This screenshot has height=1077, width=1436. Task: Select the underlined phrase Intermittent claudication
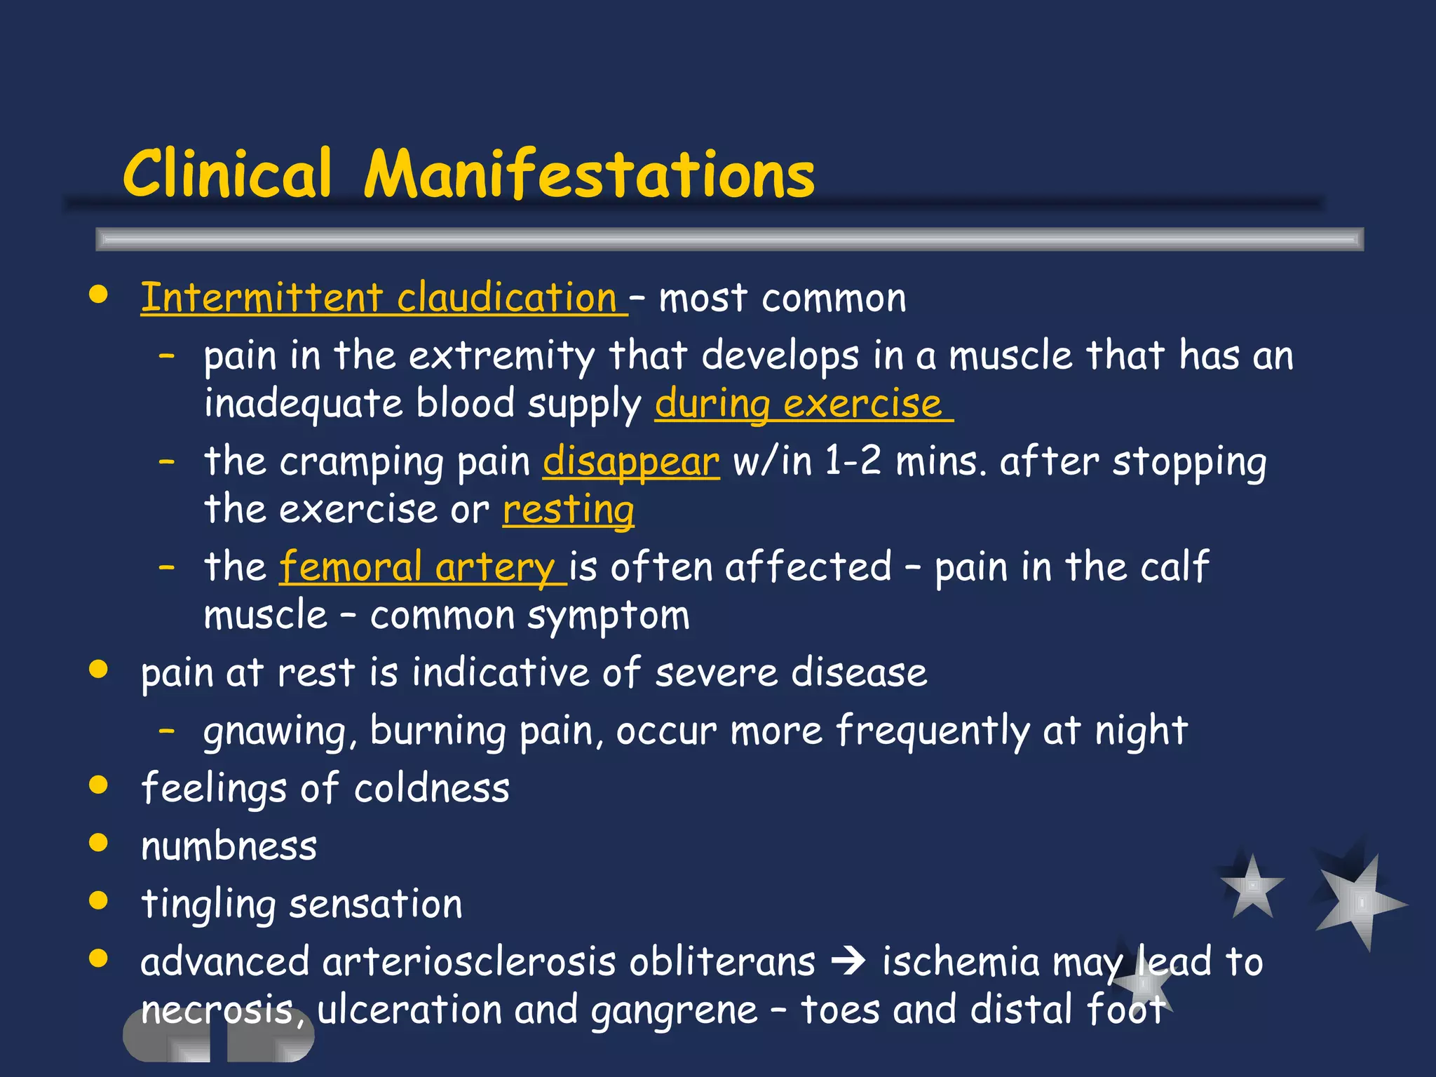pyautogui.click(x=379, y=298)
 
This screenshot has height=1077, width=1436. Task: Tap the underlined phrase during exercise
pyautogui.click(x=799, y=405)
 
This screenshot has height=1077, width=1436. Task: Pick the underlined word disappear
pyautogui.click(x=631, y=462)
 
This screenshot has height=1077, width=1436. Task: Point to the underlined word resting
pyautogui.click(x=569, y=510)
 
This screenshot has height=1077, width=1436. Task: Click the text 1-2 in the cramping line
pyautogui.click(x=853, y=462)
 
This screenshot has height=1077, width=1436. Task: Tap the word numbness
pyautogui.click(x=229, y=846)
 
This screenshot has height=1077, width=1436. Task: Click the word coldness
pyautogui.click(x=431, y=789)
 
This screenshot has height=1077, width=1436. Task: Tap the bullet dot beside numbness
pyautogui.click(x=99, y=842)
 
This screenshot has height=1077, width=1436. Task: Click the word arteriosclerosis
pyautogui.click(x=569, y=962)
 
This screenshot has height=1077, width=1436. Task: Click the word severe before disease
pyautogui.click(x=716, y=673)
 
